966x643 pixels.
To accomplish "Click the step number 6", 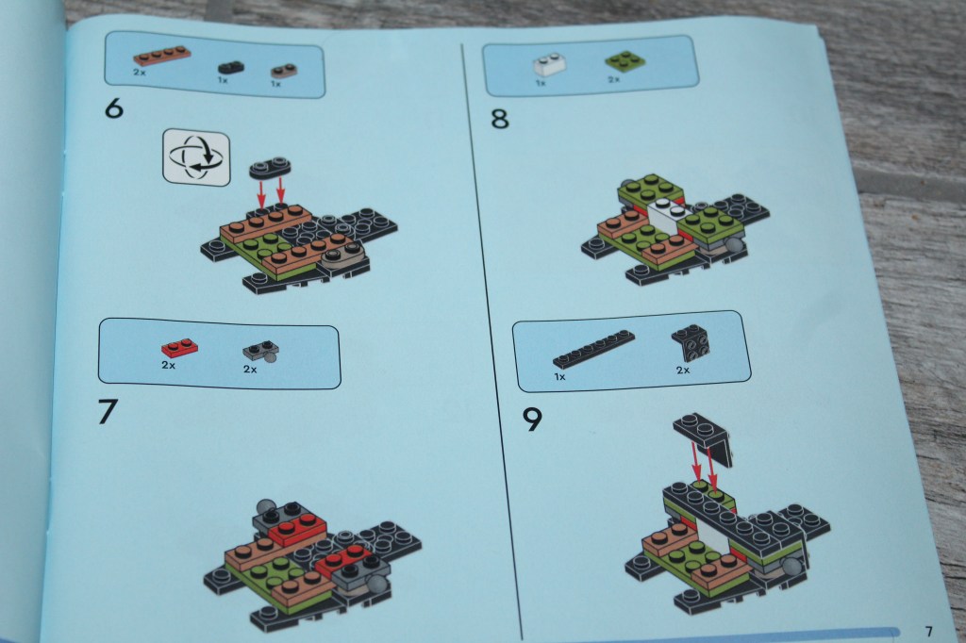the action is (x=114, y=108).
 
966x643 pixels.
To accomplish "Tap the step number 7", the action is (x=108, y=411).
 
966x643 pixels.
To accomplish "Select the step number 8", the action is (x=500, y=118).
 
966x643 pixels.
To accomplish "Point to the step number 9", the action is (x=532, y=420).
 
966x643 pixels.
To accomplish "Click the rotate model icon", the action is (x=196, y=157).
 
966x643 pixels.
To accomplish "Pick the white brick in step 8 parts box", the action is (x=550, y=65).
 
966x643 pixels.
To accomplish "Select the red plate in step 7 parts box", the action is (x=179, y=348).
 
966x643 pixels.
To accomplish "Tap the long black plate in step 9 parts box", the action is (x=594, y=350).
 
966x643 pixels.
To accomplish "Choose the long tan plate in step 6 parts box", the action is (x=162, y=56).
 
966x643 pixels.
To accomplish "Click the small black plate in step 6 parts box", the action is (x=231, y=67).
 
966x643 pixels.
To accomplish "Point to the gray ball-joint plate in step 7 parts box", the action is (x=262, y=352).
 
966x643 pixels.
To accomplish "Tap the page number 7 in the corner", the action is (x=928, y=632).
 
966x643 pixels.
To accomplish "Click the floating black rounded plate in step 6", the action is (x=270, y=168).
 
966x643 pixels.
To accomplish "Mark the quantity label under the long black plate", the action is (x=559, y=376).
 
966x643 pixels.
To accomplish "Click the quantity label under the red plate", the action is (x=168, y=365).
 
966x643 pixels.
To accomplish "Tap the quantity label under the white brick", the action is (x=541, y=83).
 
